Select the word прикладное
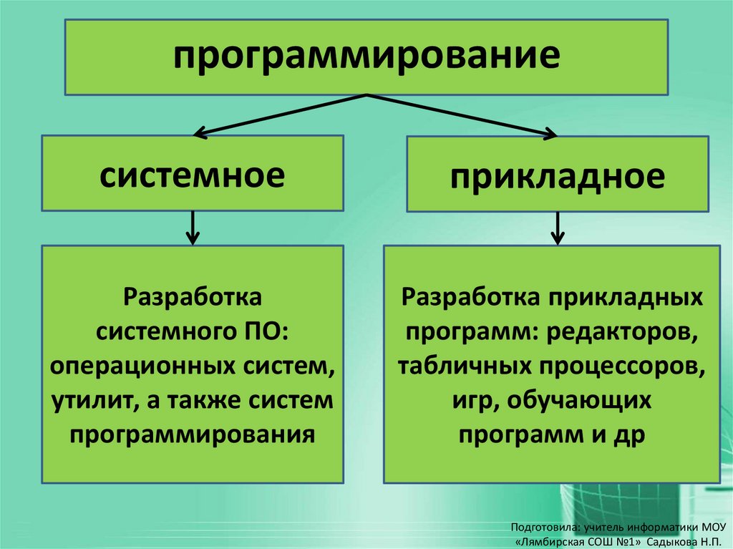pyautogui.click(x=557, y=176)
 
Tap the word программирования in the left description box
pyautogui.click(x=192, y=433)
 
